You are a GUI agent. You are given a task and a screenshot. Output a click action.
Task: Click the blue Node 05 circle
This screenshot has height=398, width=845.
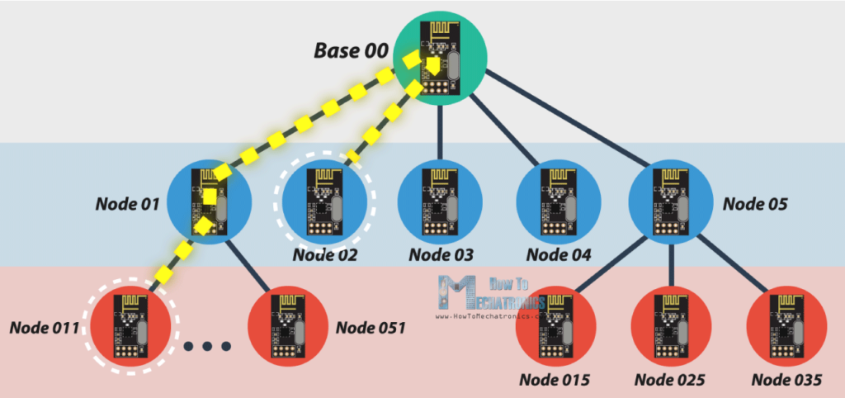tap(669, 202)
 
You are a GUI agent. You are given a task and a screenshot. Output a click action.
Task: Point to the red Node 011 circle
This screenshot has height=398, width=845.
tap(131, 327)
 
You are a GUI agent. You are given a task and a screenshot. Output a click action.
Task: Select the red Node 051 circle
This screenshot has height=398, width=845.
tap(287, 329)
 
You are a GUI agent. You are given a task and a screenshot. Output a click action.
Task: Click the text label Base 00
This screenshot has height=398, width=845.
tap(350, 50)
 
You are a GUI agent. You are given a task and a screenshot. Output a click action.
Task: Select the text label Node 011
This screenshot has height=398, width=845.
tap(44, 327)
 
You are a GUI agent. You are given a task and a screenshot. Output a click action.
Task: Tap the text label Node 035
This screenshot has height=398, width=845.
tap(786, 381)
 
